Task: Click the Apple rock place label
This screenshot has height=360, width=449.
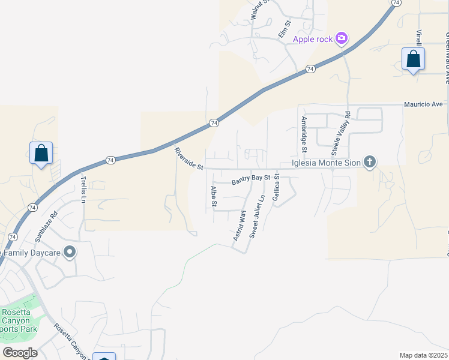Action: click(313, 40)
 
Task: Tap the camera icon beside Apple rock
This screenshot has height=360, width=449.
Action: click(342, 39)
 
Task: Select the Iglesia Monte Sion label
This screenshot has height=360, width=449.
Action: click(327, 162)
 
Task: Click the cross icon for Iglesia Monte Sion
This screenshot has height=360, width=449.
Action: click(370, 161)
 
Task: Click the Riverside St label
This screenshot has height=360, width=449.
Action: click(188, 158)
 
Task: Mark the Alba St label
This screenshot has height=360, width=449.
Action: click(213, 196)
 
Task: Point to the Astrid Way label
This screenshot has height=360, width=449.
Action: click(240, 226)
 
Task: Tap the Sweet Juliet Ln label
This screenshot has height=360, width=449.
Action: click(257, 216)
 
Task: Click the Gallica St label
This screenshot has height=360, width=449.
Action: click(276, 188)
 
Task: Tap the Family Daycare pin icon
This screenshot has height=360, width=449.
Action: click(70, 253)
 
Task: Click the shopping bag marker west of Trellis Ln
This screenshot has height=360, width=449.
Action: click(41, 154)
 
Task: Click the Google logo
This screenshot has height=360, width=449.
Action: click(20, 352)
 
